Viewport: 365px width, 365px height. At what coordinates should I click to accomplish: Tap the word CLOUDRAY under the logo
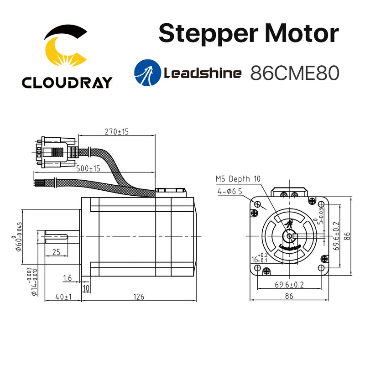click(67, 82)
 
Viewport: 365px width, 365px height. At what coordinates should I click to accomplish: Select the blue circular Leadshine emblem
click(146, 72)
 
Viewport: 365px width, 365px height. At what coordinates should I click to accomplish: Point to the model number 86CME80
click(295, 73)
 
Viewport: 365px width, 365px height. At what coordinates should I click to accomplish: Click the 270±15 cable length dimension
click(117, 132)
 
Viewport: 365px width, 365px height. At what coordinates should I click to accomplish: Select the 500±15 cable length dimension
click(88, 168)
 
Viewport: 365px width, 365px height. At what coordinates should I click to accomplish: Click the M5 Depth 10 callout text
click(238, 179)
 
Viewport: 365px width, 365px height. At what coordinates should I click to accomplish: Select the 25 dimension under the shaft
click(56, 252)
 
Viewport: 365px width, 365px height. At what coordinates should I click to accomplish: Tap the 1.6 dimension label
click(68, 278)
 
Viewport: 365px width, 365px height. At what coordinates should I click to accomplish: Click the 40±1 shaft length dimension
click(63, 297)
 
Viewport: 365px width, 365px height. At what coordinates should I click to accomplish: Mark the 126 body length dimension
click(139, 297)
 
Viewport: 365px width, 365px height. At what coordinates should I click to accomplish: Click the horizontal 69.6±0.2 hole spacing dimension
click(289, 285)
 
